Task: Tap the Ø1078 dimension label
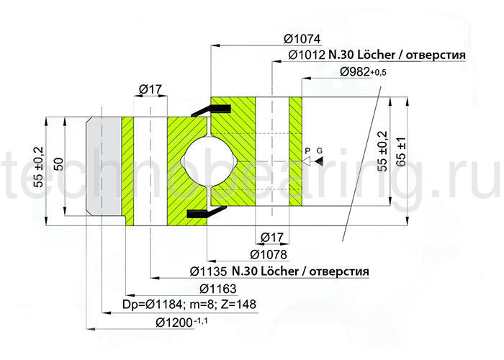pyautogui.click(x=269, y=254)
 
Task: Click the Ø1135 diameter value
pyautogui.click(x=210, y=271)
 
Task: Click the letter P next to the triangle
pyautogui.click(x=307, y=150)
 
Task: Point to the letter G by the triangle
pyautogui.click(x=320, y=150)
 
